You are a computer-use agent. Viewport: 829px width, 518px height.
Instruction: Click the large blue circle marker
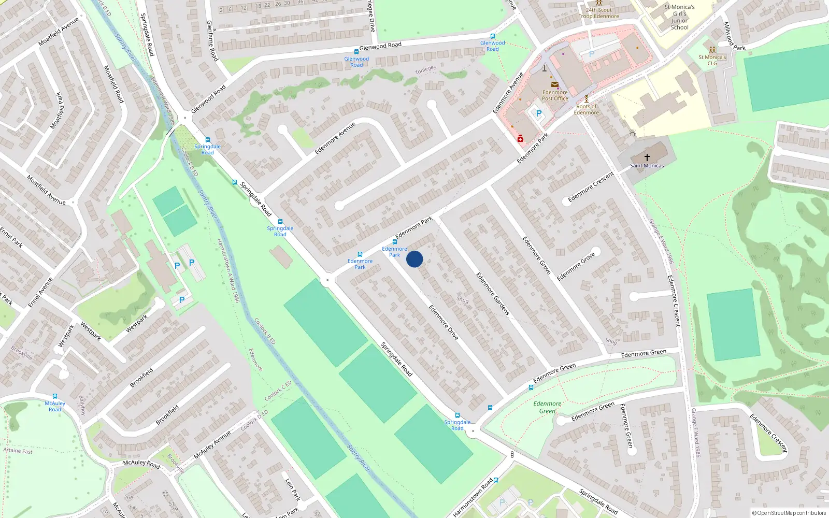414,259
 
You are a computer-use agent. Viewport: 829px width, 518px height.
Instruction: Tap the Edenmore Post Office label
555,95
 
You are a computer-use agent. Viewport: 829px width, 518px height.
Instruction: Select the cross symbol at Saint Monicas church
647,157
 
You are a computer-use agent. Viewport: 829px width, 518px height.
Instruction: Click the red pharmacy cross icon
520,138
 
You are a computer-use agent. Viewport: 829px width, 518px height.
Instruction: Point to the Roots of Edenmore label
586,109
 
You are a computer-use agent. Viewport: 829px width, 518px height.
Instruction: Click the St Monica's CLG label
712,60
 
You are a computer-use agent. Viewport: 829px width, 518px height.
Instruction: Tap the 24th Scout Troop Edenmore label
598,13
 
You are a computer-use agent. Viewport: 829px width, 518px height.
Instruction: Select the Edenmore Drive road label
444,322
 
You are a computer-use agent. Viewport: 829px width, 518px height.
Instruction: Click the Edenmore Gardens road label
493,294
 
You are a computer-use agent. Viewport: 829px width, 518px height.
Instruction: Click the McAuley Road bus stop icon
55,396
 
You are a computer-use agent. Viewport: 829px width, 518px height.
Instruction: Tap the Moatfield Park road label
59,111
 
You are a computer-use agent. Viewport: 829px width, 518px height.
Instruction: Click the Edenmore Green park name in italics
547,407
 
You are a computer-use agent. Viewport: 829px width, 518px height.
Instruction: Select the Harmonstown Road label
473,498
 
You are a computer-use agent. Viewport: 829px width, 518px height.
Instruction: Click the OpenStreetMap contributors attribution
789,513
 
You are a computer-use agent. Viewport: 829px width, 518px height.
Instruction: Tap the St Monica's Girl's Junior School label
679,17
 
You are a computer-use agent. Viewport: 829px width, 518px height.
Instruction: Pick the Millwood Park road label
734,36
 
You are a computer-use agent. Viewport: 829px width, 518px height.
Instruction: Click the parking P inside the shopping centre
538,113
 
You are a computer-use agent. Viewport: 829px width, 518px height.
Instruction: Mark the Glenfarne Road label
212,40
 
